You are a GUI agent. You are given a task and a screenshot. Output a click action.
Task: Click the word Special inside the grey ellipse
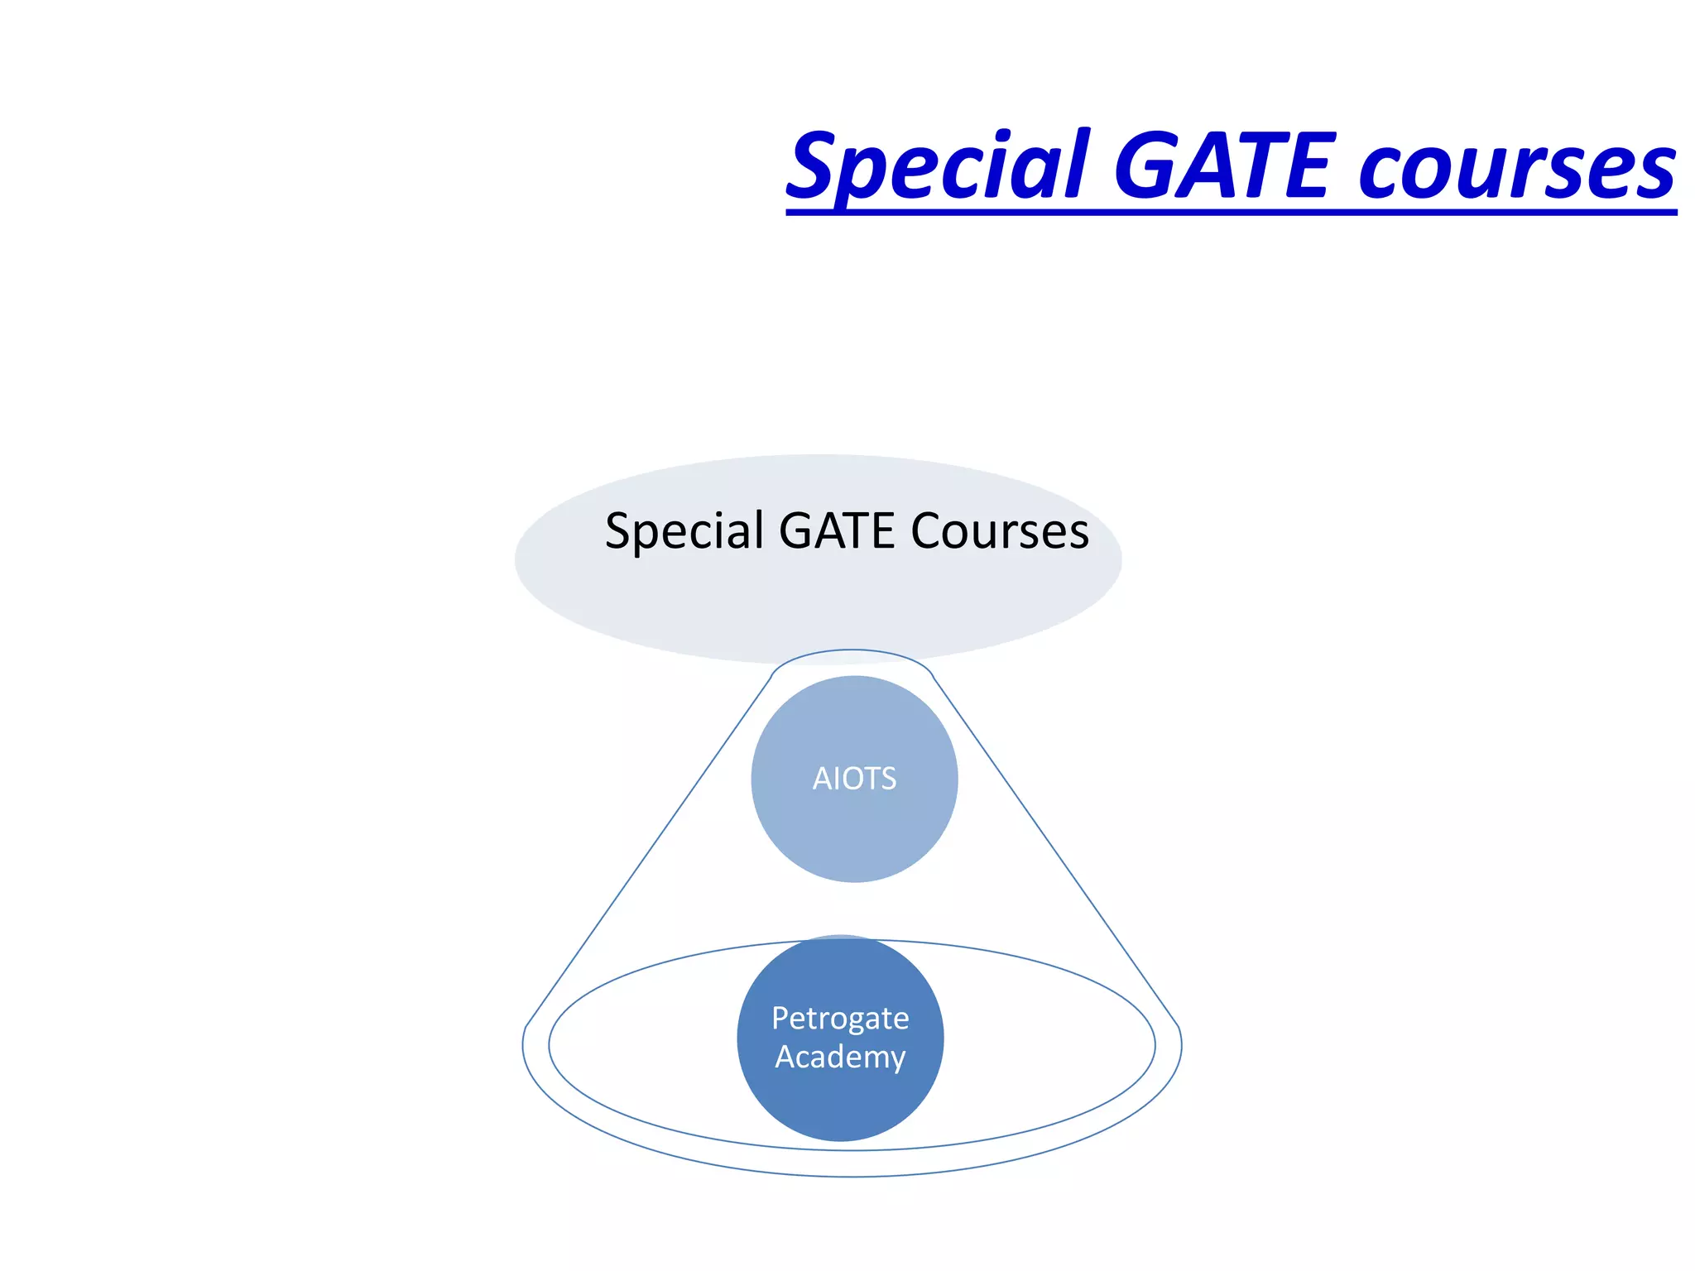point(684,531)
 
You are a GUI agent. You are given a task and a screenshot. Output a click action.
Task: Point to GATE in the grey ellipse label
point(836,531)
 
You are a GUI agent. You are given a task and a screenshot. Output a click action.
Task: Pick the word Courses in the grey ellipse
point(999,531)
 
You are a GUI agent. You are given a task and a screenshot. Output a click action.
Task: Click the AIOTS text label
point(854,779)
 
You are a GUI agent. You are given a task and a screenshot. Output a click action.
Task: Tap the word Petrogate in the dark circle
point(840,1018)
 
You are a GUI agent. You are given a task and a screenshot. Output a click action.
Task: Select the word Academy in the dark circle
point(840,1058)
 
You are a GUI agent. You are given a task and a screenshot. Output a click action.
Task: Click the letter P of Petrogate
point(780,1018)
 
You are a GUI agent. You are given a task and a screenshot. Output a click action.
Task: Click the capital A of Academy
point(785,1058)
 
